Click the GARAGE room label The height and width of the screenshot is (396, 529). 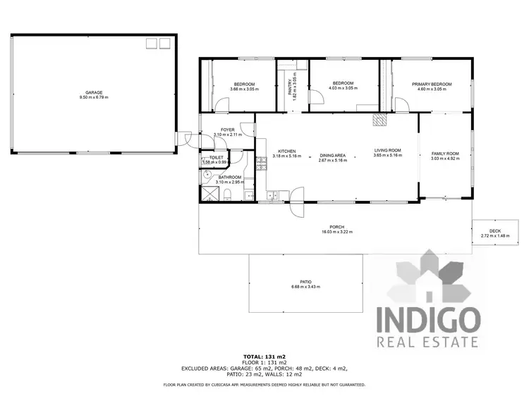coord(94,92)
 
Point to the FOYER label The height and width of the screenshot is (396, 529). coord(227,130)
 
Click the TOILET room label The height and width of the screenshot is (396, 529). coord(216,158)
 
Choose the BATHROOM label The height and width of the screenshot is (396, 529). coord(229,177)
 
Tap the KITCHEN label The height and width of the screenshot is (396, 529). coord(286,151)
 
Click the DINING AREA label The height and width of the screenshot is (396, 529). coord(332,155)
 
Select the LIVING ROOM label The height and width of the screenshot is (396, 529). coord(387,150)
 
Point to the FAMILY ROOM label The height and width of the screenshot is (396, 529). coord(445,154)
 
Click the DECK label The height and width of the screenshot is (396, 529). coord(494,231)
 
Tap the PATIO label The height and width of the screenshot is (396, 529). coord(305,282)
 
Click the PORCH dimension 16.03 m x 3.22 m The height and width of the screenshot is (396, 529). coord(336,232)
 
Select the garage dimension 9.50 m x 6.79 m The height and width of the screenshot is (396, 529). coord(94,97)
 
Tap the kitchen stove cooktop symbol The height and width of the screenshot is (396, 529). coord(260,164)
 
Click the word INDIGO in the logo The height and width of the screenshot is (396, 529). coord(429,319)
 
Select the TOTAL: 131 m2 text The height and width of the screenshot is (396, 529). coord(264,357)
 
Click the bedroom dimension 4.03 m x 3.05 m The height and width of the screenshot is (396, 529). coord(343,89)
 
